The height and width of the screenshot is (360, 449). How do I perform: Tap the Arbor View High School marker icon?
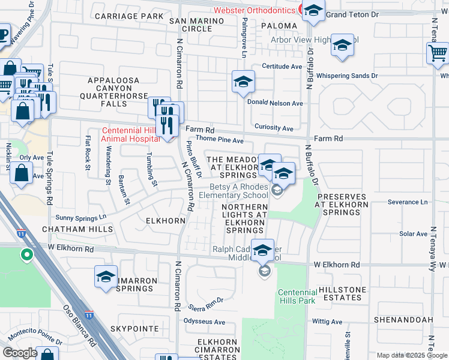click(x=342, y=46)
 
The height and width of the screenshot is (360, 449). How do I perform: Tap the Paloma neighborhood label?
click(x=279, y=26)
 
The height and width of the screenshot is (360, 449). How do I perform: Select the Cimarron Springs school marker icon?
click(x=106, y=277)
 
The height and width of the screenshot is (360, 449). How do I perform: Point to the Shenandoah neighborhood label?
click(x=403, y=320)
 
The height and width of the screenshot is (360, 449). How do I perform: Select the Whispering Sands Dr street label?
click(x=347, y=76)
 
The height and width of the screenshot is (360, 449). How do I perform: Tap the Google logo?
click(x=20, y=353)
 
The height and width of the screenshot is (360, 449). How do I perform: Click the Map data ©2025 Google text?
click(x=411, y=355)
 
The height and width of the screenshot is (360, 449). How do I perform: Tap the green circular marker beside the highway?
click(x=26, y=256)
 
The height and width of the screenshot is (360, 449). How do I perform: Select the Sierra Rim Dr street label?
click(x=205, y=302)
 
